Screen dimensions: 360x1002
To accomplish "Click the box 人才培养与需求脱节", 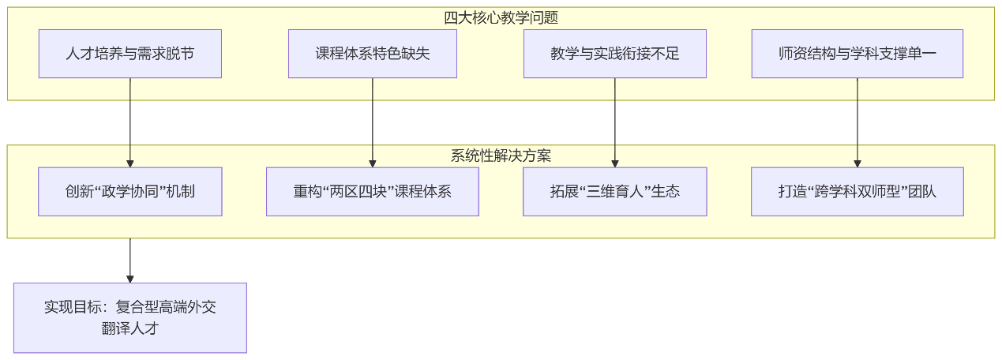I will tap(130, 54).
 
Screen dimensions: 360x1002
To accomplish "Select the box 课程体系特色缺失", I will tap(373, 54).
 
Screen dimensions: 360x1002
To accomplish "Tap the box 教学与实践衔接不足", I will tap(615, 54).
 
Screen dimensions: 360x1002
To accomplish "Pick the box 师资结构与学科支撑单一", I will tap(858, 54).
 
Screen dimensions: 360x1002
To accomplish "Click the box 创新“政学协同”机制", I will tap(130, 191).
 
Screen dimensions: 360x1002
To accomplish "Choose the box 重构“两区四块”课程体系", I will tap(373, 191).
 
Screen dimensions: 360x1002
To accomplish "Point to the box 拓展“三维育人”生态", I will tap(615, 191).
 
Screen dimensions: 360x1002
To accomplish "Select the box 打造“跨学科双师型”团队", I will tap(858, 191).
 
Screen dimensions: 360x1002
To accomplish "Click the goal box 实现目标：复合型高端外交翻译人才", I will tap(130, 317).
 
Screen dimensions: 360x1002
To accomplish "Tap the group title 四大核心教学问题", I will tap(501, 17).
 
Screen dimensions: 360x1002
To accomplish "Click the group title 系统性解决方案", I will tap(501, 156).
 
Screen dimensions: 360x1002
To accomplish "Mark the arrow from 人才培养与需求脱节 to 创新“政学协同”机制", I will tap(130, 122).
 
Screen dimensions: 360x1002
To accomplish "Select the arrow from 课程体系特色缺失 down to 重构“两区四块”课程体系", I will tap(373, 122).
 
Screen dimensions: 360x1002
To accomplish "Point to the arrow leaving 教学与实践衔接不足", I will tap(615, 122).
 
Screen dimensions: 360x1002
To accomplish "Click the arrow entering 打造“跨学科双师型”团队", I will tap(858, 122).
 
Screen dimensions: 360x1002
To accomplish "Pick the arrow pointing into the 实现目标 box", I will tap(130, 261).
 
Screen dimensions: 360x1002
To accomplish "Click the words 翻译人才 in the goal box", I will tap(130, 328).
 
